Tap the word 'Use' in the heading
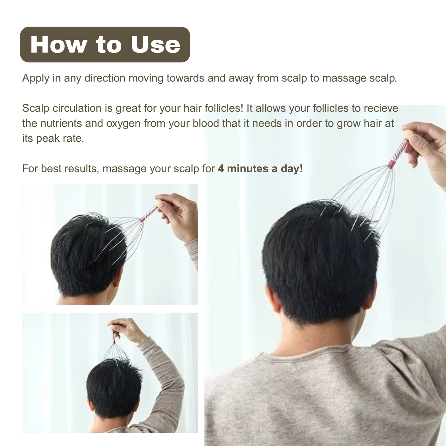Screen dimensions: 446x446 point(155,45)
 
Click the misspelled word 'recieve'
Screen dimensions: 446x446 point(381,108)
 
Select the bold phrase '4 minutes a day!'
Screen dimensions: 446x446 point(260,169)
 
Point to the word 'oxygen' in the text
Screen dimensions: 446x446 point(123,123)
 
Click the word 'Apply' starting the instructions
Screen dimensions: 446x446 point(35,78)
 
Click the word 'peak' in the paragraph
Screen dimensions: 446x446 point(48,138)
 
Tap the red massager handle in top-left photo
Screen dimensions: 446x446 point(149,213)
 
